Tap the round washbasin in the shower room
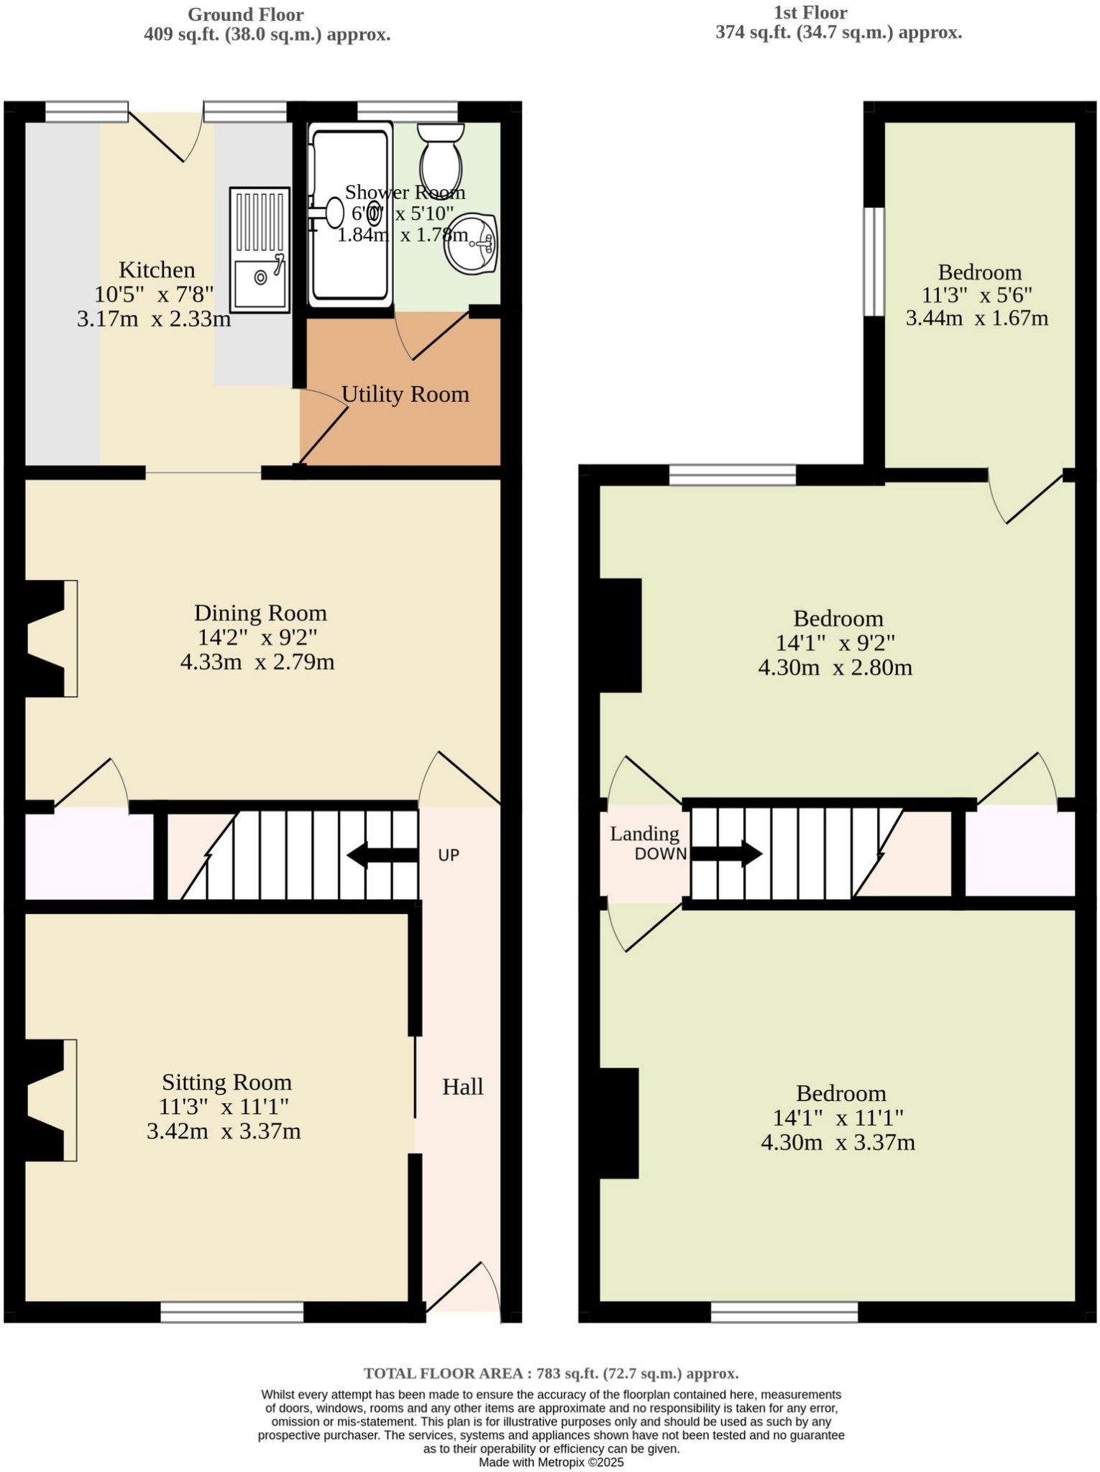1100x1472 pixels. [x=471, y=244]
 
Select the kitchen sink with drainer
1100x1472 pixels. [x=260, y=249]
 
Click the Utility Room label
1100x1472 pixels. [x=405, y=394]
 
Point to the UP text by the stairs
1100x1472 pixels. [x=449, y=855]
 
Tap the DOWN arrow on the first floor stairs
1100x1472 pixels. [x=726, y=854]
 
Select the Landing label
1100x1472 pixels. [x=644, y=834]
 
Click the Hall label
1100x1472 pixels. [x=462, y=1087]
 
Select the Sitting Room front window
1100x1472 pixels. [x=232, y=1312]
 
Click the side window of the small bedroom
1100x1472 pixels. [x=874, y=262]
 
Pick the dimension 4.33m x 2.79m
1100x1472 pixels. [x=257, y=661]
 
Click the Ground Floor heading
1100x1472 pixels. [x=245, y=14]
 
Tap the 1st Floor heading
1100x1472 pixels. [x=810, y=12]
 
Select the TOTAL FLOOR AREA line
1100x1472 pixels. [x=551, y=1374]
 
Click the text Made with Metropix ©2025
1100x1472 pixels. [x=551, y=1462]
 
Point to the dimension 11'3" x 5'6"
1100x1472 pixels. [x=977, y=295]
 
